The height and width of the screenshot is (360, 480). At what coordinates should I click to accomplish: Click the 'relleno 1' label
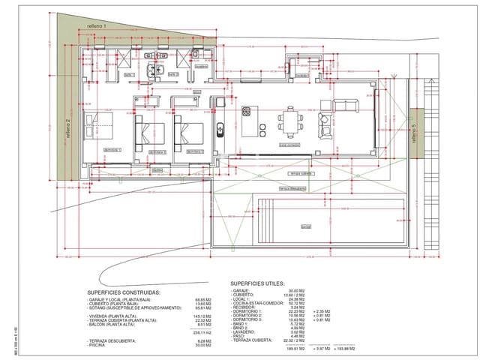(97, 26)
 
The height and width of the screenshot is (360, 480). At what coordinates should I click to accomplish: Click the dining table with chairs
(291, 119)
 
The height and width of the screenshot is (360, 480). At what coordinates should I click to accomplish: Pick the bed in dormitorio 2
(146, 130)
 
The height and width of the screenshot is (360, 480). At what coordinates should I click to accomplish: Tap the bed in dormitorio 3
(187, 130)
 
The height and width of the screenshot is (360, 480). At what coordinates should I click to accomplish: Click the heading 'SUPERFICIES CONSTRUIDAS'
(123, 292)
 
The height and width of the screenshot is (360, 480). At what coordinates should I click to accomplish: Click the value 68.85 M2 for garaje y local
(203, 299)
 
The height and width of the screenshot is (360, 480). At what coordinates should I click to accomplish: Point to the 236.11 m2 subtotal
(203, 332)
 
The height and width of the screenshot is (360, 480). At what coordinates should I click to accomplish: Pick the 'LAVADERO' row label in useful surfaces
(247, 331)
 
